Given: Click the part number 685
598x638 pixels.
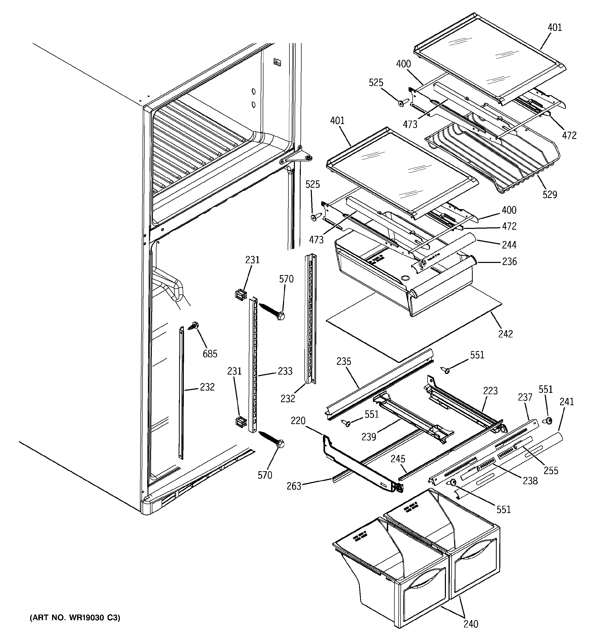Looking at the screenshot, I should click(210, 354).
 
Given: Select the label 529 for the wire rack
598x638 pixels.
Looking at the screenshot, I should click(550, 194).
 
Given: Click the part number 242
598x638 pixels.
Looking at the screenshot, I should click(505, 334).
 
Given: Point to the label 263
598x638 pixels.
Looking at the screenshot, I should click(294, 486).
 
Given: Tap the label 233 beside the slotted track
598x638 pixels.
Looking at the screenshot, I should click(285, 371).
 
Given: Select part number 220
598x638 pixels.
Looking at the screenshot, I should click(298, 420).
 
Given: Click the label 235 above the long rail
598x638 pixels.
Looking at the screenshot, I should click(344, 361).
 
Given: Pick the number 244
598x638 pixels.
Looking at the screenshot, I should click(509, 245).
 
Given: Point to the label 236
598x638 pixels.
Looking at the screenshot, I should click(509, 262).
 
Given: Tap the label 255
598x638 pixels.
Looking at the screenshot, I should click(551, 470).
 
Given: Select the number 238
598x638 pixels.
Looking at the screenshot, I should click(530, 480).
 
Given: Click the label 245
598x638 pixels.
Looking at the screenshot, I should click(398, 459).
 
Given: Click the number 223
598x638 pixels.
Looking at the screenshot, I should click(491, 391).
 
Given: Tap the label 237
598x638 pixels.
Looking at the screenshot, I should click(525, 397).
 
